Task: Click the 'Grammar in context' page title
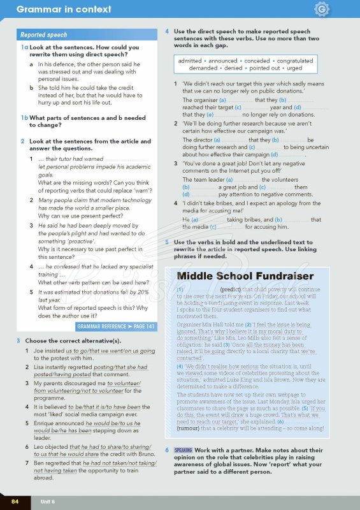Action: tap(64, 10)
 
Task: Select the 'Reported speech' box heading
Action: tap(43, 35)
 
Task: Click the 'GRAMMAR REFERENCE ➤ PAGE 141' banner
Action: tap(115, 326)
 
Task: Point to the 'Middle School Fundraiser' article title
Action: tap(245, 276)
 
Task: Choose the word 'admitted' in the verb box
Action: tap(190, 61)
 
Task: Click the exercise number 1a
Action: tap(24, 48)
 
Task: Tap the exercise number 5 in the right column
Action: tap(167, 242)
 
